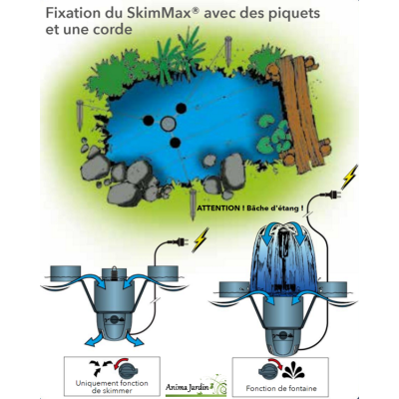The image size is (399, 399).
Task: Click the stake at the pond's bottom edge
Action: coord(193,204)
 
